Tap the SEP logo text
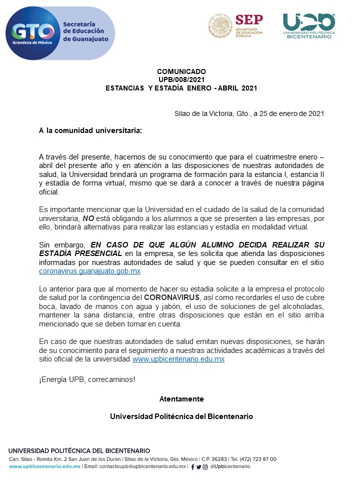248,20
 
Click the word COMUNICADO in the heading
181,71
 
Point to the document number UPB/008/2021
181,79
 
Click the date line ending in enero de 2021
249,113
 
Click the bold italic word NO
88,218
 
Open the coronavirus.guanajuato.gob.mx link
89,271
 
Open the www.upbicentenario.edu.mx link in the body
178,359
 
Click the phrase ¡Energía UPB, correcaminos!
87,379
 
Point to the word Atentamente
181,398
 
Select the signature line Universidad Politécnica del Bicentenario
181,416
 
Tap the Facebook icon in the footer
192,467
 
